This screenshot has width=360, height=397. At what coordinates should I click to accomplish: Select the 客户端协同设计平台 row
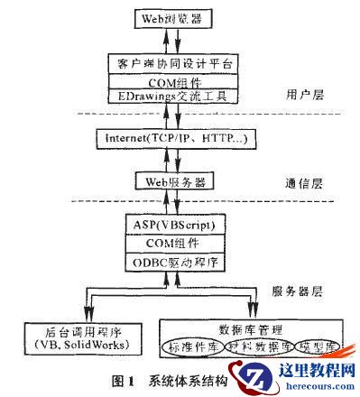(x=177, y=63)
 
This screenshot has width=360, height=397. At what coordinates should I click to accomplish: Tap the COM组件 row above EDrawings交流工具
(x=177, y=79)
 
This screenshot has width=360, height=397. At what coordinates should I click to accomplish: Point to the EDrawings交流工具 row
(x=177, y=95)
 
